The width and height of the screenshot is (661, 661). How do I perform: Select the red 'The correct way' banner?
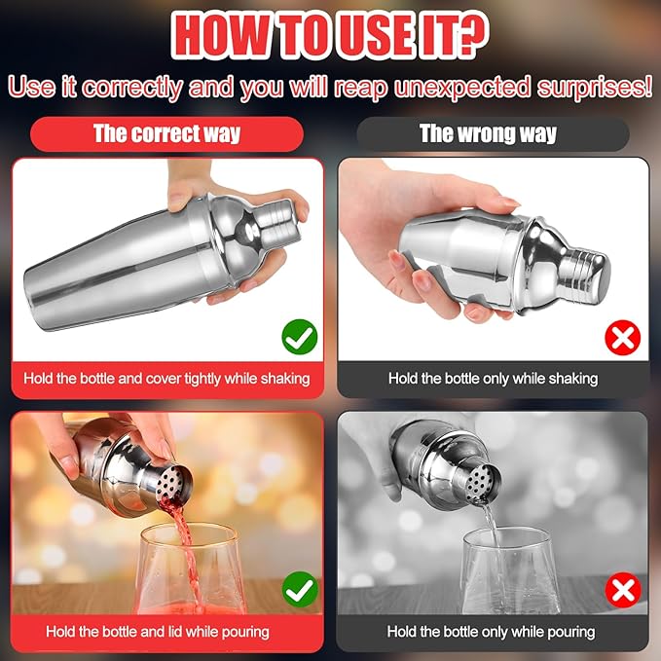click(x=166, y=134)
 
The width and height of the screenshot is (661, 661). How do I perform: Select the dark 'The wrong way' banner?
click(x=493, y=134)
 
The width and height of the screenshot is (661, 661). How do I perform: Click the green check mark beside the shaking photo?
click(x=300, y=337)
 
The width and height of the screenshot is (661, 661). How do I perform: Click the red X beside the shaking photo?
click(x=623, y=337)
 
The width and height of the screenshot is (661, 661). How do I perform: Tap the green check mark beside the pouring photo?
click(x=300, y=589)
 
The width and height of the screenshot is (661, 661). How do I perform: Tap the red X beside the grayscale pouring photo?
click(x=623, y=590)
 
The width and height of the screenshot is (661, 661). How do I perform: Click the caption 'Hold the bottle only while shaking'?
click(x=494, y=379)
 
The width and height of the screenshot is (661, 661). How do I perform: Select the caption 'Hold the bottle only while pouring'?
click(x=491, y=632)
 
